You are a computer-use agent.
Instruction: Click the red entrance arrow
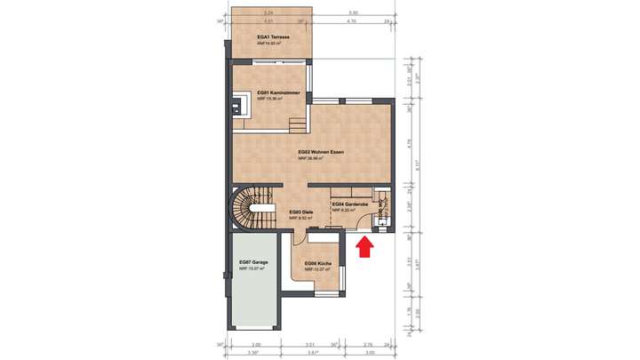tap(363, 248)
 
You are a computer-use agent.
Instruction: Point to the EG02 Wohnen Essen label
tap(321, 152)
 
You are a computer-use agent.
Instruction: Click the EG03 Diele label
tap(300, 211)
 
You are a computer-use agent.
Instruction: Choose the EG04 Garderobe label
tap(349, 204)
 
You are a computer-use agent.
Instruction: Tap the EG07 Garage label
tap(254, 263)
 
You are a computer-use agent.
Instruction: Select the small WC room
tap(382, 212)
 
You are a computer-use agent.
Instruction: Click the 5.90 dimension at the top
tap(354, 12)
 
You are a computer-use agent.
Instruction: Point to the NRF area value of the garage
tap(254, 268)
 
